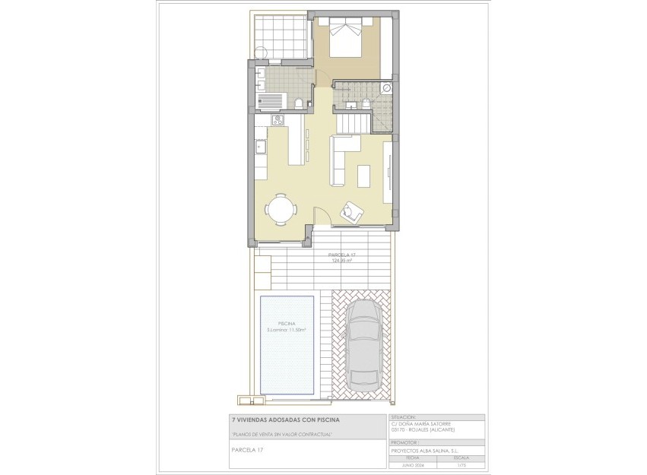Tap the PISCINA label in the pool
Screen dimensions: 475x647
287,323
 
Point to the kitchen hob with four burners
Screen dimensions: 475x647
277,120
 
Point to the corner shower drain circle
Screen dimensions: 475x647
387,88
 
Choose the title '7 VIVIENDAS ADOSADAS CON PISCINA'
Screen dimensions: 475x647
286,420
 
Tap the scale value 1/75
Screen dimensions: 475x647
461,464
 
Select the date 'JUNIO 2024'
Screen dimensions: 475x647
413,464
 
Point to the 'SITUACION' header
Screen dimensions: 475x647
404,417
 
